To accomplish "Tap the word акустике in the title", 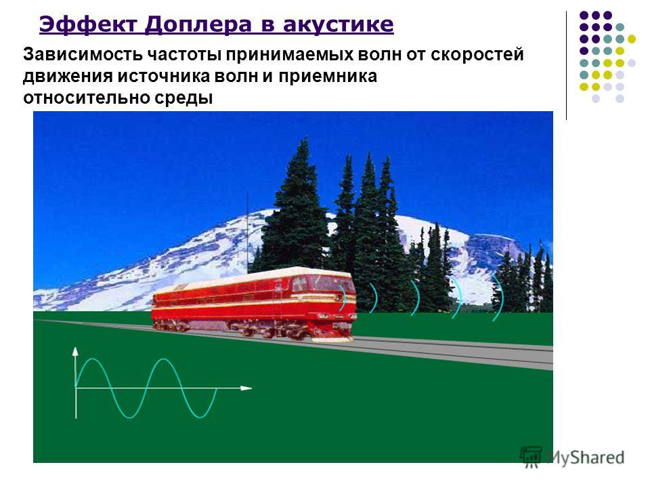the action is [x=339, y=25].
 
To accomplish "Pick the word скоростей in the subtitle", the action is [x=477, y=55].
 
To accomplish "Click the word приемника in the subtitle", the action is [x=328, y=77].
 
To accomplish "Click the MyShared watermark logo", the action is [x=572, y=457].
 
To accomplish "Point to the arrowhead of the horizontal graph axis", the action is [x=246, y=388].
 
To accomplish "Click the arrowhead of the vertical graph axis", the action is [x=75, y=351].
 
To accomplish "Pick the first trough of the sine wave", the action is [x=129, y=416].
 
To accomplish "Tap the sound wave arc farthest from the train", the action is [x=500, y=297].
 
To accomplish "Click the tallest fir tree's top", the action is [x=305, y=139].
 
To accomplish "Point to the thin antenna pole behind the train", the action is [x=248, y=232].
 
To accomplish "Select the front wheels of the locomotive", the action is [x=290, y=332].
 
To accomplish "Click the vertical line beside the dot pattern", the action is [x=566, y=66].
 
